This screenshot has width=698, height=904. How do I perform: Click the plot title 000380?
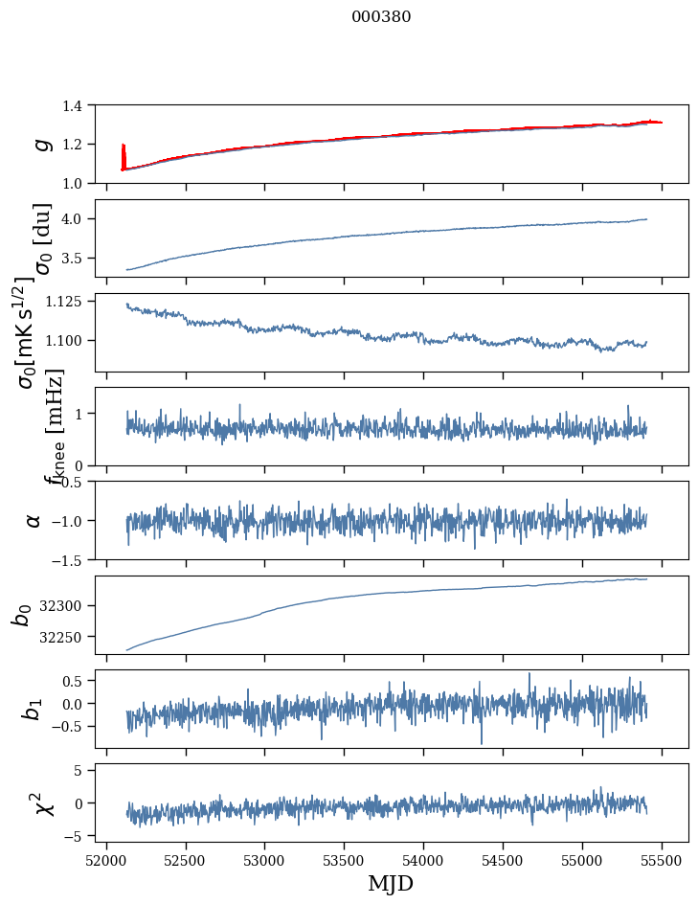click(x=381, y=17)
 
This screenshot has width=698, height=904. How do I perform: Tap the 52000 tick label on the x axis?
click(x=106, y=860)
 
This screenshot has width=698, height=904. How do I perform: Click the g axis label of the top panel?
click(x=41, y=144)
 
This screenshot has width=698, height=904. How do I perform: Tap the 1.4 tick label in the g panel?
click(x=77, y=105)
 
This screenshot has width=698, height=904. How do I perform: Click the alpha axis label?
click(x=34, y=520)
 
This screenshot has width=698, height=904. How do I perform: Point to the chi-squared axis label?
click(x=43, y=802)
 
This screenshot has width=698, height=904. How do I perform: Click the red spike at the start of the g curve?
click(x=124, y=153)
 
